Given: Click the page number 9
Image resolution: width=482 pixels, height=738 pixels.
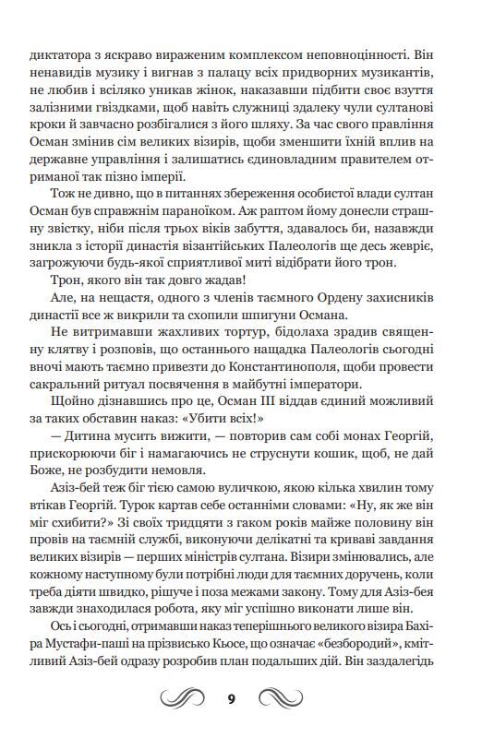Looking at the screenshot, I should coord(241,696).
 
